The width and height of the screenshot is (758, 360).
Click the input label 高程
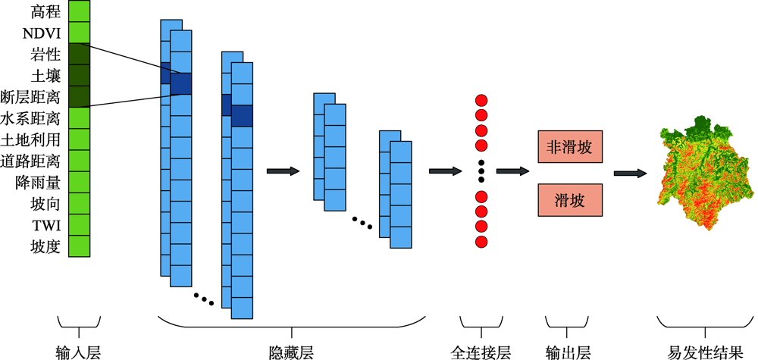[45, 11]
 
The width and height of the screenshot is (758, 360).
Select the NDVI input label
[42, 33]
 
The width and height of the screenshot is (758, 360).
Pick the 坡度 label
[45, 246]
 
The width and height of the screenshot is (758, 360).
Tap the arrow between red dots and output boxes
[514, 171]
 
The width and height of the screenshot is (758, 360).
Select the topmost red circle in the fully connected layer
[481, 101]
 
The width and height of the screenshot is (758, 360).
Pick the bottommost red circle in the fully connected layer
[481, 241]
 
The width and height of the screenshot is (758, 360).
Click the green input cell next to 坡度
[79, 246]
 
